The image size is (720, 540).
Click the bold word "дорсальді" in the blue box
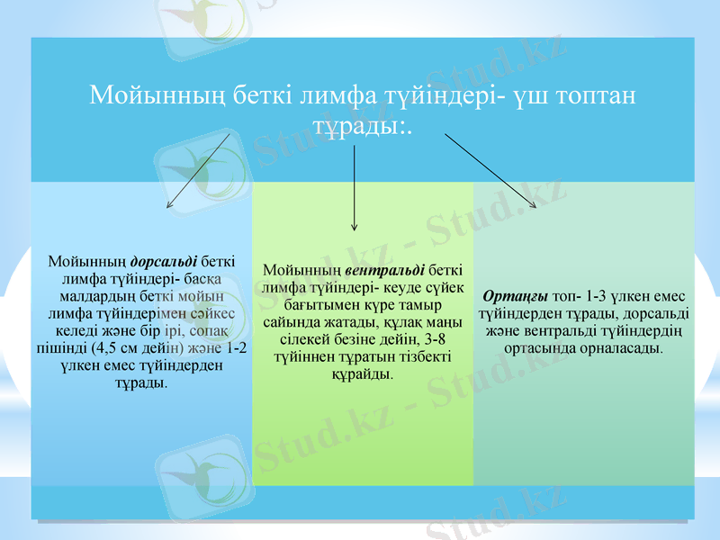click(x=165, y=262)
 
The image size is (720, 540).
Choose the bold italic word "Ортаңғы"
click(x=516, y=296)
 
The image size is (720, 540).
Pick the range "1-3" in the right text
click(x=599, y=296)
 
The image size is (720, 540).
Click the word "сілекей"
click(x=303, y=339)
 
